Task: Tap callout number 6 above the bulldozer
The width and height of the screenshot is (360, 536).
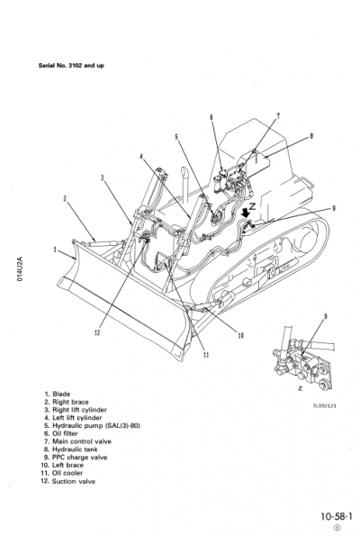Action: coord(211,117)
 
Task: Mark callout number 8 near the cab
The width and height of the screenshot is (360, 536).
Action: coord(310,136)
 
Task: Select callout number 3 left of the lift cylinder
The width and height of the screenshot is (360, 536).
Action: coord(103,177)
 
